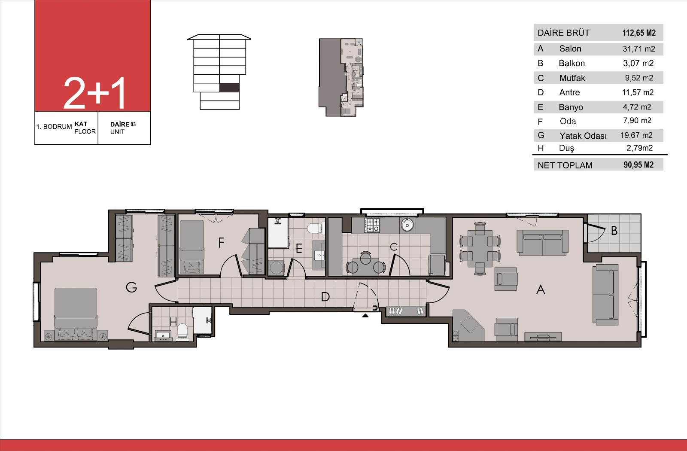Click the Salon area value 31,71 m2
639,49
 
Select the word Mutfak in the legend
572,78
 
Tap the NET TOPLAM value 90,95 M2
638,165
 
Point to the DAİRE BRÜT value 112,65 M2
639,33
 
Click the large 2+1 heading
94,93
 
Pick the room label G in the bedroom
131,287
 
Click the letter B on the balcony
614,231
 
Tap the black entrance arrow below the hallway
365,315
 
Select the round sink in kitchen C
407,225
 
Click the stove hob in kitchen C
372,225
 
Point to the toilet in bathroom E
314,228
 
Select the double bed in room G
76,313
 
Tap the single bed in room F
192,247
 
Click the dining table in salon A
480,248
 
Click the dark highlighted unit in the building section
229,88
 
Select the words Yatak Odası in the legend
583,136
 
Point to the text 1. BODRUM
54,127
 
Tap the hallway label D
325,297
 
